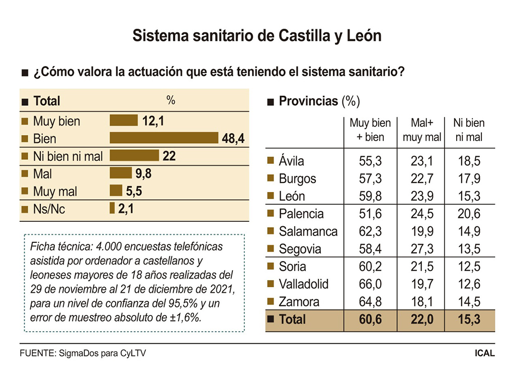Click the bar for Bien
click(163, 139)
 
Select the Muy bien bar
click(123, 121)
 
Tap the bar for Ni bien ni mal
click(134, 156)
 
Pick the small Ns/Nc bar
click(112, 209)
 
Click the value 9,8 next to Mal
click(143, 174)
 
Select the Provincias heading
click(308, 101)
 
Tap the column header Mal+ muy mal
click(421, 130)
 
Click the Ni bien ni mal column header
click(469, 130)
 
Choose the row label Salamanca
click(308, 231)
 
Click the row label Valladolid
click(303, 284)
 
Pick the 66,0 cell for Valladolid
click(370, 284)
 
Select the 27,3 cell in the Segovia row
click(421, 249)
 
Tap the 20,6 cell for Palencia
click(469, 214)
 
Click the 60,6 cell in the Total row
click(370, 319)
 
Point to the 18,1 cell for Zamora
click(421, 302)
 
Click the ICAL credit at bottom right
click(485, 353)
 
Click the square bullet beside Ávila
click(271, 161)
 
